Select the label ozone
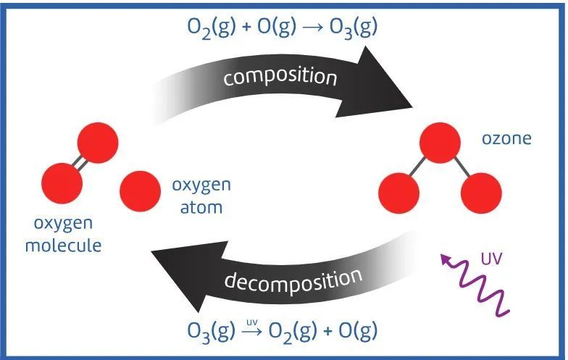506,138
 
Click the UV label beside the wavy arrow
490,258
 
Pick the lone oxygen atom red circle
141,191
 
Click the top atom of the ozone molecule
440,143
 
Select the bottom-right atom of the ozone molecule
480,193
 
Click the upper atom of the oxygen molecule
97,143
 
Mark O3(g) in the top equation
351,28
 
